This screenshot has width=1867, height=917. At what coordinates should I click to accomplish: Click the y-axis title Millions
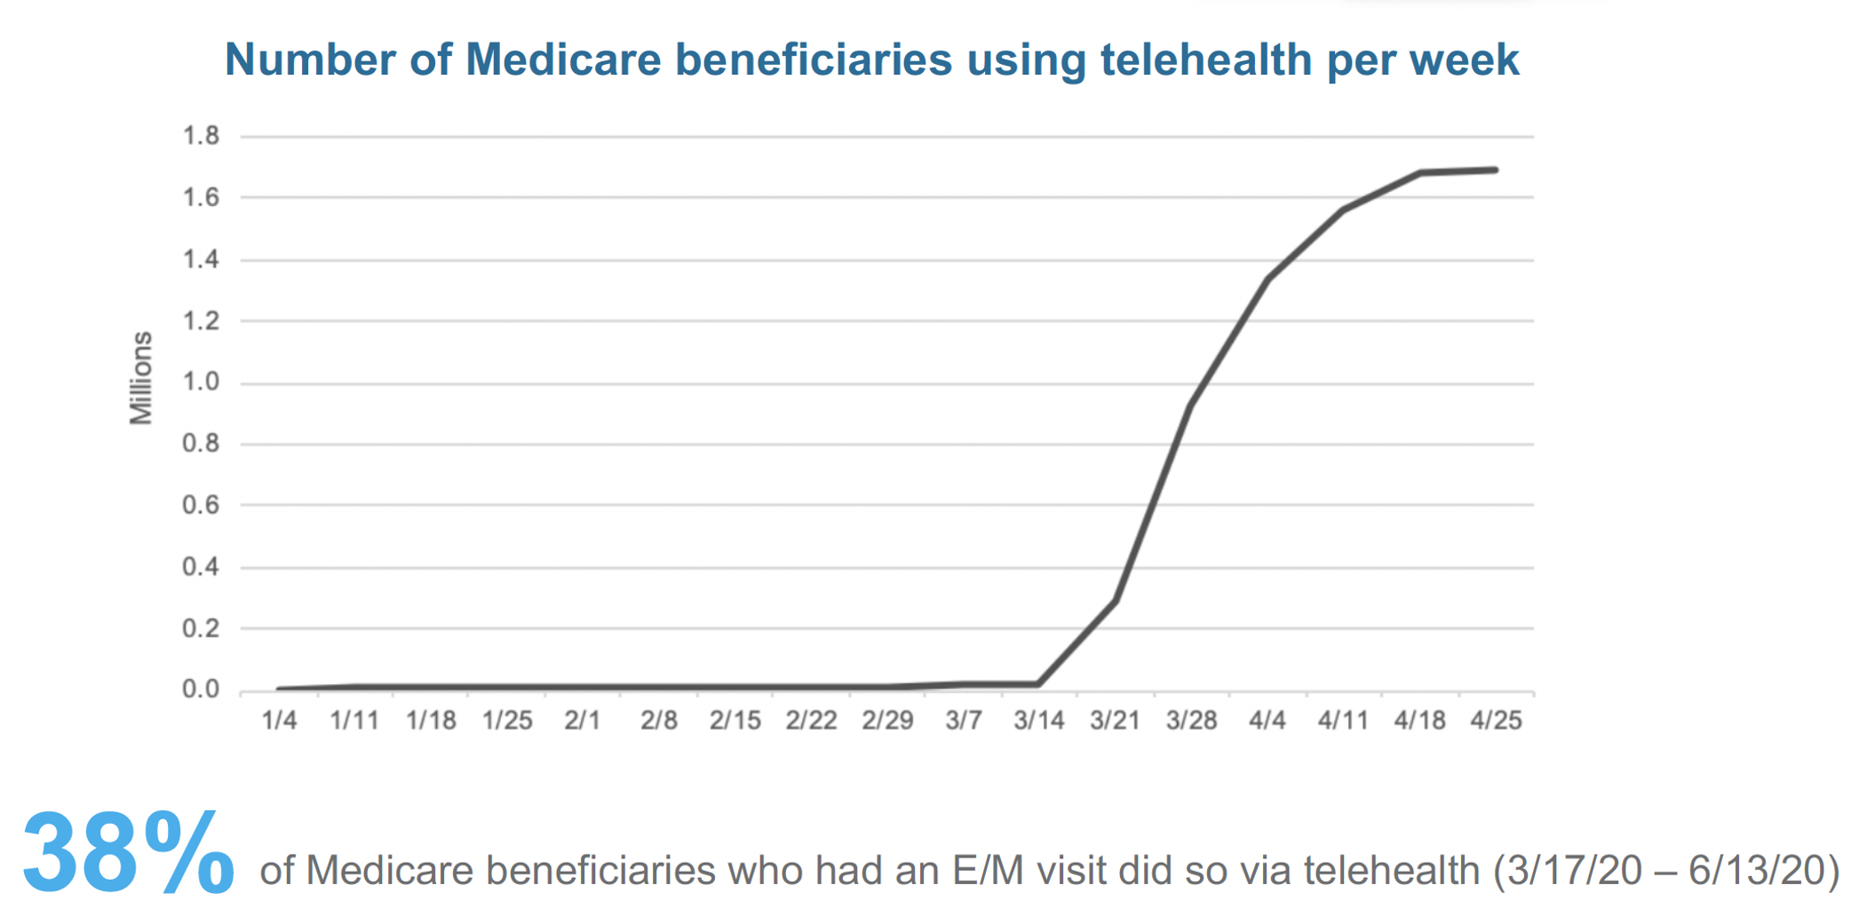pyautogui.click(x=141, y=378)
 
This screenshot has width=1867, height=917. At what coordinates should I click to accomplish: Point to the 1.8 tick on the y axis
pyautogui.click(x=201, y=136)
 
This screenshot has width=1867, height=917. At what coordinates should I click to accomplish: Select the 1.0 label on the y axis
pyautogui.click(x=201, y=382)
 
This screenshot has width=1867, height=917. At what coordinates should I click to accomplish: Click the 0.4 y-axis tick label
pyautogui.click(x=201, y=567)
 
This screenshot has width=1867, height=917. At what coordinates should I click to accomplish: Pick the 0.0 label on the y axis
pyautogui.click(x=201, y=690)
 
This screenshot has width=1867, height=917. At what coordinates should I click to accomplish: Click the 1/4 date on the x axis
pyautogui.click(x=279, y=721)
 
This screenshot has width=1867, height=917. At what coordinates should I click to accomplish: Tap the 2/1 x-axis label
pyautogui.click(x=583, y=721)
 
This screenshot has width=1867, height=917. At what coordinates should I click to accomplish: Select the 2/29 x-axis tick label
pyautogui.click(x=887, y=721)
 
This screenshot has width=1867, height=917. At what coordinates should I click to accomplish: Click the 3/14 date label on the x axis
pyautogui.click(x=1039, y=721)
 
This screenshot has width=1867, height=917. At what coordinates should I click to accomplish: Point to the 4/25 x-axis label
pyautogui.click(x=1496, y=721)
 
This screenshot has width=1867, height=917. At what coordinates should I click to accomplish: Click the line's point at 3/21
pyautogui.click(x=1116, y=601)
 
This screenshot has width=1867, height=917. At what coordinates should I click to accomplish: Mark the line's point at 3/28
pyautogui.click(x=1191, y=404)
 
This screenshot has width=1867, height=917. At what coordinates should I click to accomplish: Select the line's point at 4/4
pyautogui.click(x=1267, y=279)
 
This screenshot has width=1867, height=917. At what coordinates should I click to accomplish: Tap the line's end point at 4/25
pyautogui.click(x=1496, y=170)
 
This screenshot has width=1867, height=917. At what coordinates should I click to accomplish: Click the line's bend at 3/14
pyautogui.click(x=1039, y=684)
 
